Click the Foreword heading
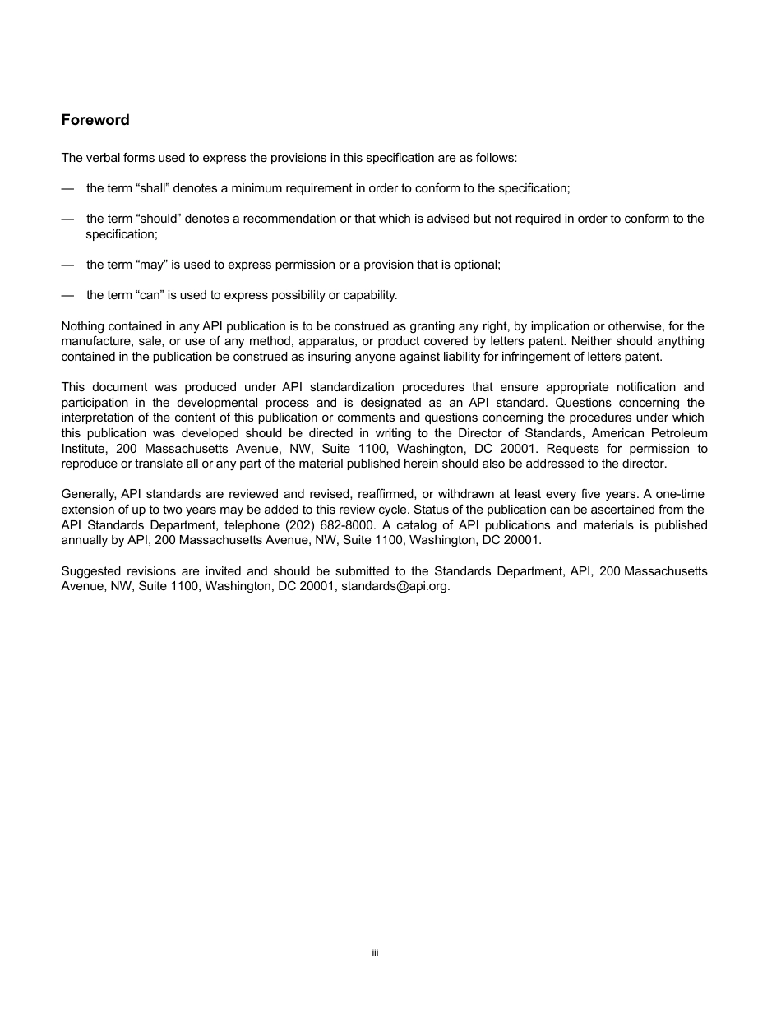(95, 120)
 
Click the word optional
(476, 265)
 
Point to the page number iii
(375, 953)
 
